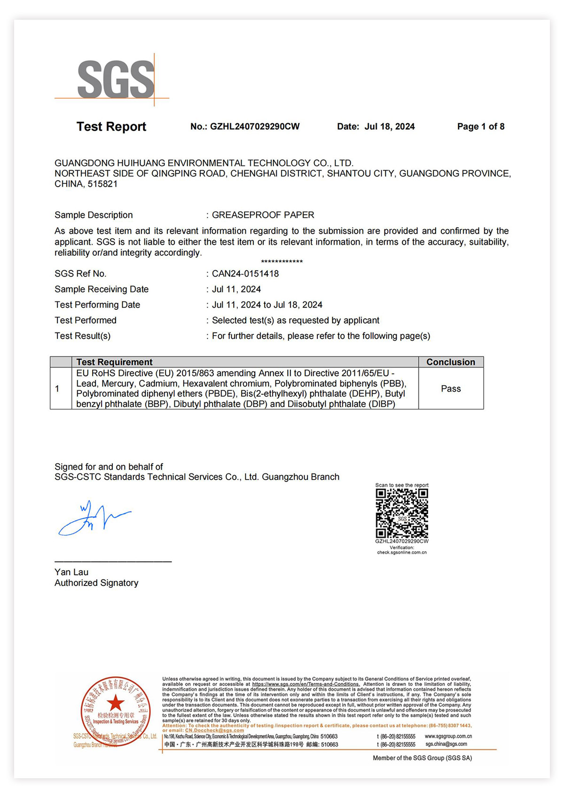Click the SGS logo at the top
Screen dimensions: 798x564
tap(116, 79)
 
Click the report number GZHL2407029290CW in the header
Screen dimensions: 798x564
tap(254, 126)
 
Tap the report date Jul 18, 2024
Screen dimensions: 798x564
tap(389, 126)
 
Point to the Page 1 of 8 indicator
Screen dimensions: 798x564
tap(480, 126)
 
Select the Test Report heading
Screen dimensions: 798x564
tap(111, 126)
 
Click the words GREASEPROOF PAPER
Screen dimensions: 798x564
tap(263, 215)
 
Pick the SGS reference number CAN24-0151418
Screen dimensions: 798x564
tap(245, 274)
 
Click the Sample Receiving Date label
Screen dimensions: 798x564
tap(102, 289)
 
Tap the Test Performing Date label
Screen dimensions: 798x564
tap(97, 305)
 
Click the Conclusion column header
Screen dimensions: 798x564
tap(450, 362)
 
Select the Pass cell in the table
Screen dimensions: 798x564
tap(450, 389)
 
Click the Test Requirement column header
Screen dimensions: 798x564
tap(114, 362)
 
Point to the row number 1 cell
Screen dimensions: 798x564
tap(57, 389)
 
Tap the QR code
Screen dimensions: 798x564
tap(401, 513)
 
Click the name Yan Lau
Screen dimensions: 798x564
tap(71, 572)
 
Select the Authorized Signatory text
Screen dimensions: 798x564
tap(96, 583)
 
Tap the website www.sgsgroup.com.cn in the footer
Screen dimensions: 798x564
tap(448, 736)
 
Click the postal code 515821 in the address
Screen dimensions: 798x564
tap(102, 184)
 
